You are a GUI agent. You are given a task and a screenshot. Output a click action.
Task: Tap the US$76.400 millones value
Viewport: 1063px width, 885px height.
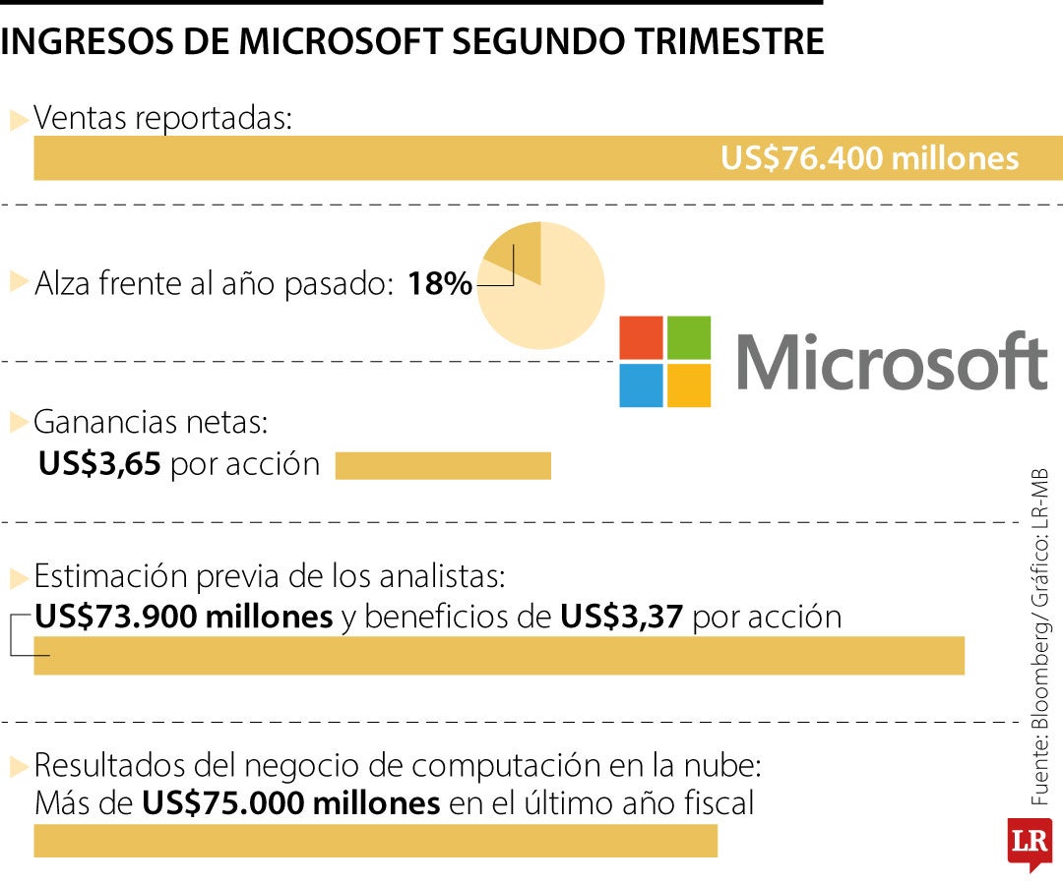pyautogui.click(x=869, y=158)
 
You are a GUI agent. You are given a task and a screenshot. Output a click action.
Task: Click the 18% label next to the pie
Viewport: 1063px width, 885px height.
pyautogui.click(x=439, y=285)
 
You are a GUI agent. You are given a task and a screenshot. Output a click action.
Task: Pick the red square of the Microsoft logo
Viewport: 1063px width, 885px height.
pyautogui.click(x=642, y=337)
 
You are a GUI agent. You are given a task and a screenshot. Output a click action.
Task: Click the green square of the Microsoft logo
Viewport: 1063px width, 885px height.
pyautogui.click(x=689, y=337)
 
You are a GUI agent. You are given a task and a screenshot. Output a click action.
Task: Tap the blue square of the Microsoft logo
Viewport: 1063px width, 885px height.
pyautogui.click(x=642, y=385)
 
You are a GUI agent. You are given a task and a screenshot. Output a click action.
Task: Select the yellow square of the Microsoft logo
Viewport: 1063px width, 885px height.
pyautogui.click(x=689, y=385)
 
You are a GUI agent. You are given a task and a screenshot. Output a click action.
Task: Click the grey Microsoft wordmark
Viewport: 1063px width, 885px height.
pyautogui.click(x=891, y=362)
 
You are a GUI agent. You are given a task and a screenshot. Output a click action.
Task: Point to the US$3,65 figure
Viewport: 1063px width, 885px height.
pyautogui.click(x=99, y=464)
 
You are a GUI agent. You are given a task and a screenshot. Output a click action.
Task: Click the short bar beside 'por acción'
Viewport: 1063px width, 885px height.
pyautogui.click(x=443, y=466)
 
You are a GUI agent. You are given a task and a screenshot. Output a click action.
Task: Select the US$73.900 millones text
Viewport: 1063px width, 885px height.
pyautogui.click(x=184, y=617)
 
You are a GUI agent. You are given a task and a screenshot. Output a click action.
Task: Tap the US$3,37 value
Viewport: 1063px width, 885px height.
pyautogui.click(x=622, y=617)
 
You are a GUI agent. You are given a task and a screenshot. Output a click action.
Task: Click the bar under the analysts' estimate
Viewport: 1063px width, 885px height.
pyautogui.click(x=499, y=656)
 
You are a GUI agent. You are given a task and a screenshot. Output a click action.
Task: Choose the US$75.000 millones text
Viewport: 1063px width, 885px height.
pyautogui.click(x=291, y=803)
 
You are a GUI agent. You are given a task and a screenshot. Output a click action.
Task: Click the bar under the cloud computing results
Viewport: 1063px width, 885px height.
pyautogui.click(x=375, y=842)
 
